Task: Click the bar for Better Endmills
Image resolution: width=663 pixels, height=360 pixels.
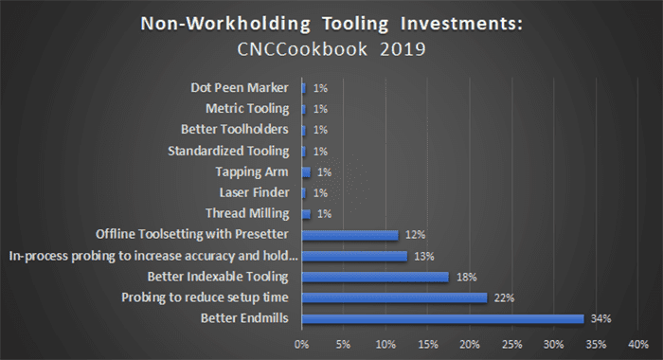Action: (442, 318)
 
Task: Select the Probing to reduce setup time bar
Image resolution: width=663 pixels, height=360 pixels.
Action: (394, 297)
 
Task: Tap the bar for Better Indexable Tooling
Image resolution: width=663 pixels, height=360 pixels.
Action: (375, 277)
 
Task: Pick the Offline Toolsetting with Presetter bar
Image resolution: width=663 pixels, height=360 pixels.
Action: (349, 235)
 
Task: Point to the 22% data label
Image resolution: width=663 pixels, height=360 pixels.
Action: (502, 297)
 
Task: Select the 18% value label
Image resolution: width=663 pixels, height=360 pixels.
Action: (464, 277)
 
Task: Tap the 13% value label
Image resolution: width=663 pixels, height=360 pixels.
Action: (421, 256)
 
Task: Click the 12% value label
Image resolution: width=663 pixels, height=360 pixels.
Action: (413, 235)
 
